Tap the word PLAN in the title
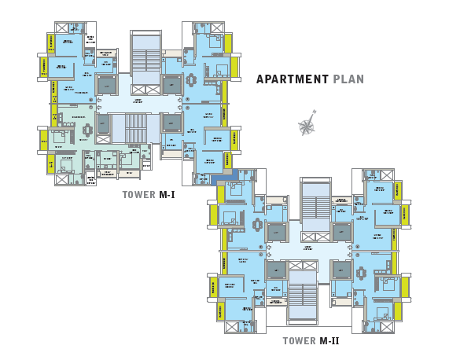coord(348,79)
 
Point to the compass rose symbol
coord(307,126)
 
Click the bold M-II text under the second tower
coord(329,341)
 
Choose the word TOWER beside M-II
coord(299,341)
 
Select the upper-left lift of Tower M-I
coord(105,84)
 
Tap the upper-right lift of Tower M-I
coord(171,84)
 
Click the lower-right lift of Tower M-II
coord(342,270)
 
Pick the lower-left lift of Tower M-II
coord(275,270)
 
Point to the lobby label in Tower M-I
coord(138,101)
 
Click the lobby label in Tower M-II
coord(308,248)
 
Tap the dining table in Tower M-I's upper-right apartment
coord(191,80)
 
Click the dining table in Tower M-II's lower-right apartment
coord(361,274)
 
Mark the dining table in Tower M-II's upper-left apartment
coord(257,225)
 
